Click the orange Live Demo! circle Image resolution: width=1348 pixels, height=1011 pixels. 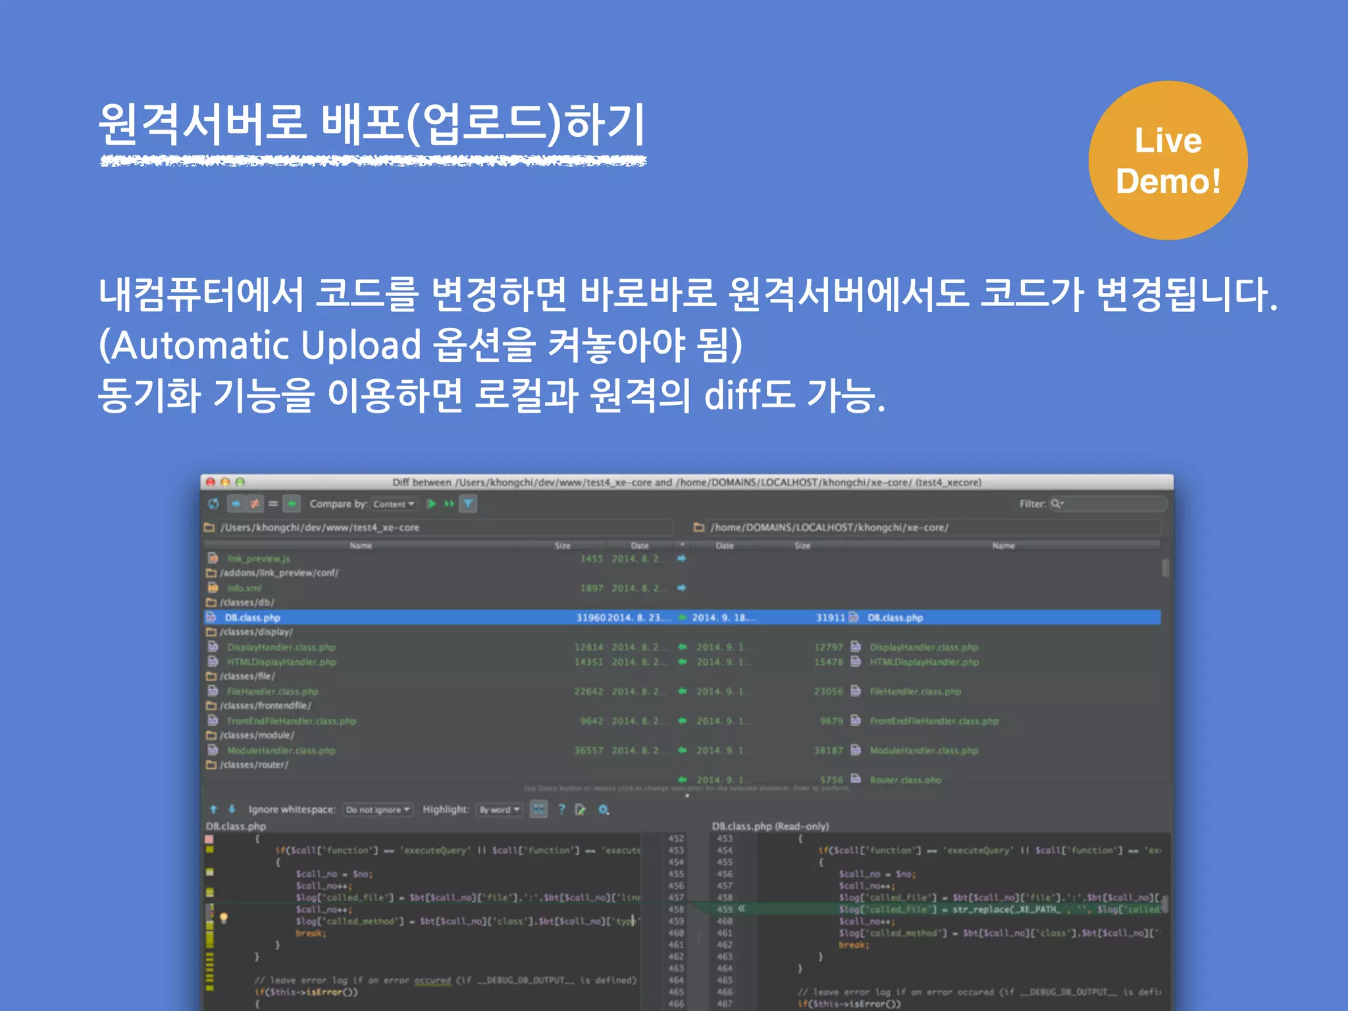point(1168,161)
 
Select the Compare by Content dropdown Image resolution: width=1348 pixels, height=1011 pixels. point(393,504)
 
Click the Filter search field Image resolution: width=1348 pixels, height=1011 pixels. point(1112,504)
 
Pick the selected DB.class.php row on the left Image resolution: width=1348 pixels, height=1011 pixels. point(253,617)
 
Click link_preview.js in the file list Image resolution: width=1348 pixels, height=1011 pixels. point(259,559)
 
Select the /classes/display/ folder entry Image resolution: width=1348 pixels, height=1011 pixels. point(256,632)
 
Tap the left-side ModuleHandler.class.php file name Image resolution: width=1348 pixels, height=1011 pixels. point(281,750)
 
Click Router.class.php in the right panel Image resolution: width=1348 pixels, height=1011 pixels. point(905,780)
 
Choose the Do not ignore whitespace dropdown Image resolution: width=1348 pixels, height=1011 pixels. point(378,810)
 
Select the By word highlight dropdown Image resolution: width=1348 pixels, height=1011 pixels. point(499,810)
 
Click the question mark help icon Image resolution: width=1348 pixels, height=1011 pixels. point(561,810)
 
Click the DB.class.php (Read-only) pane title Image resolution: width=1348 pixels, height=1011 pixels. point(770,826)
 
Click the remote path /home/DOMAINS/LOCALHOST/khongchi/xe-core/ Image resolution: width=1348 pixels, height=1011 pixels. point(829,527)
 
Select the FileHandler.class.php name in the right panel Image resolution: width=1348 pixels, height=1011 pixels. point(915,692)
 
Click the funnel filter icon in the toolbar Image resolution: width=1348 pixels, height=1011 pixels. point(468,504)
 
